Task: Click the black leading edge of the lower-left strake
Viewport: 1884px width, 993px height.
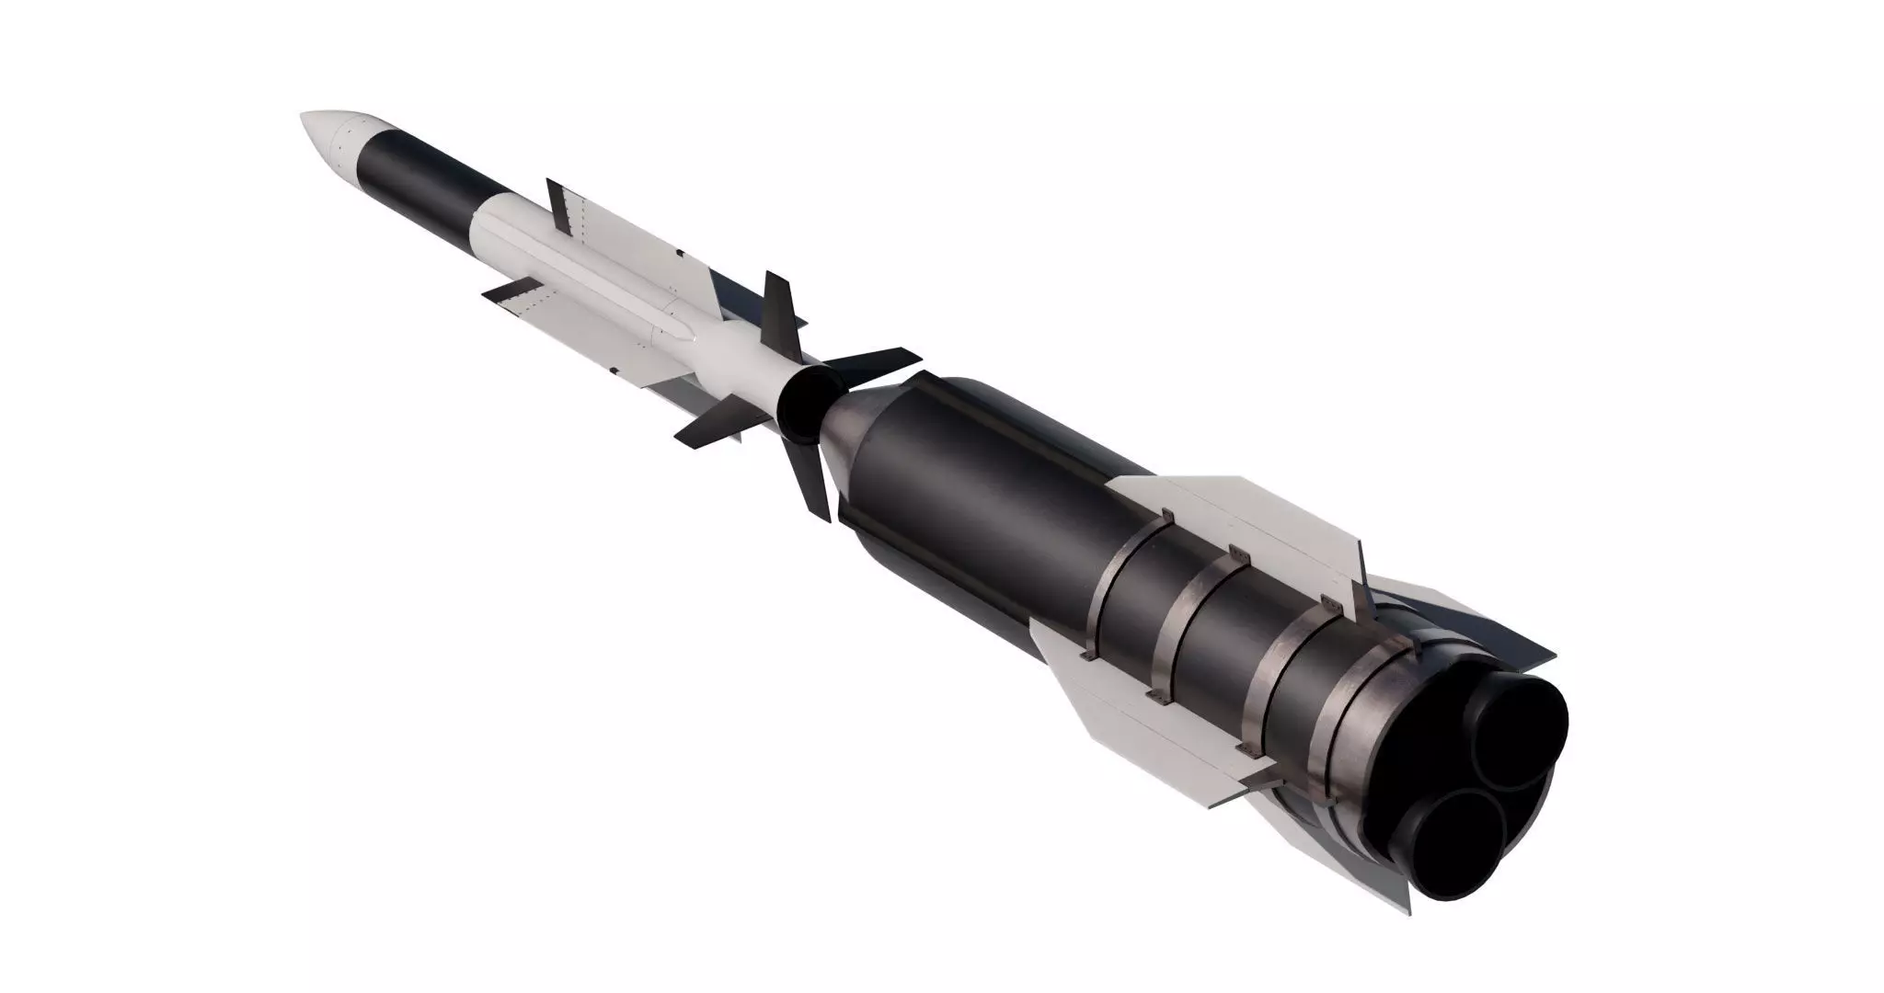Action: point(503,291)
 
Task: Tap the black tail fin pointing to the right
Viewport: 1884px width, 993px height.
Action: point(874,362)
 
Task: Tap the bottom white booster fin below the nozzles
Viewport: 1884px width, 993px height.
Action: point(1361,846)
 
